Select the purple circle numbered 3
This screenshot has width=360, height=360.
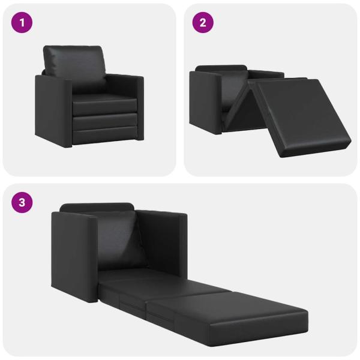click(22, 202)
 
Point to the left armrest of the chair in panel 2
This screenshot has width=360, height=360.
click(205, 99)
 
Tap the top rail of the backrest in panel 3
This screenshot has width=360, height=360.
click(96, 206)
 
